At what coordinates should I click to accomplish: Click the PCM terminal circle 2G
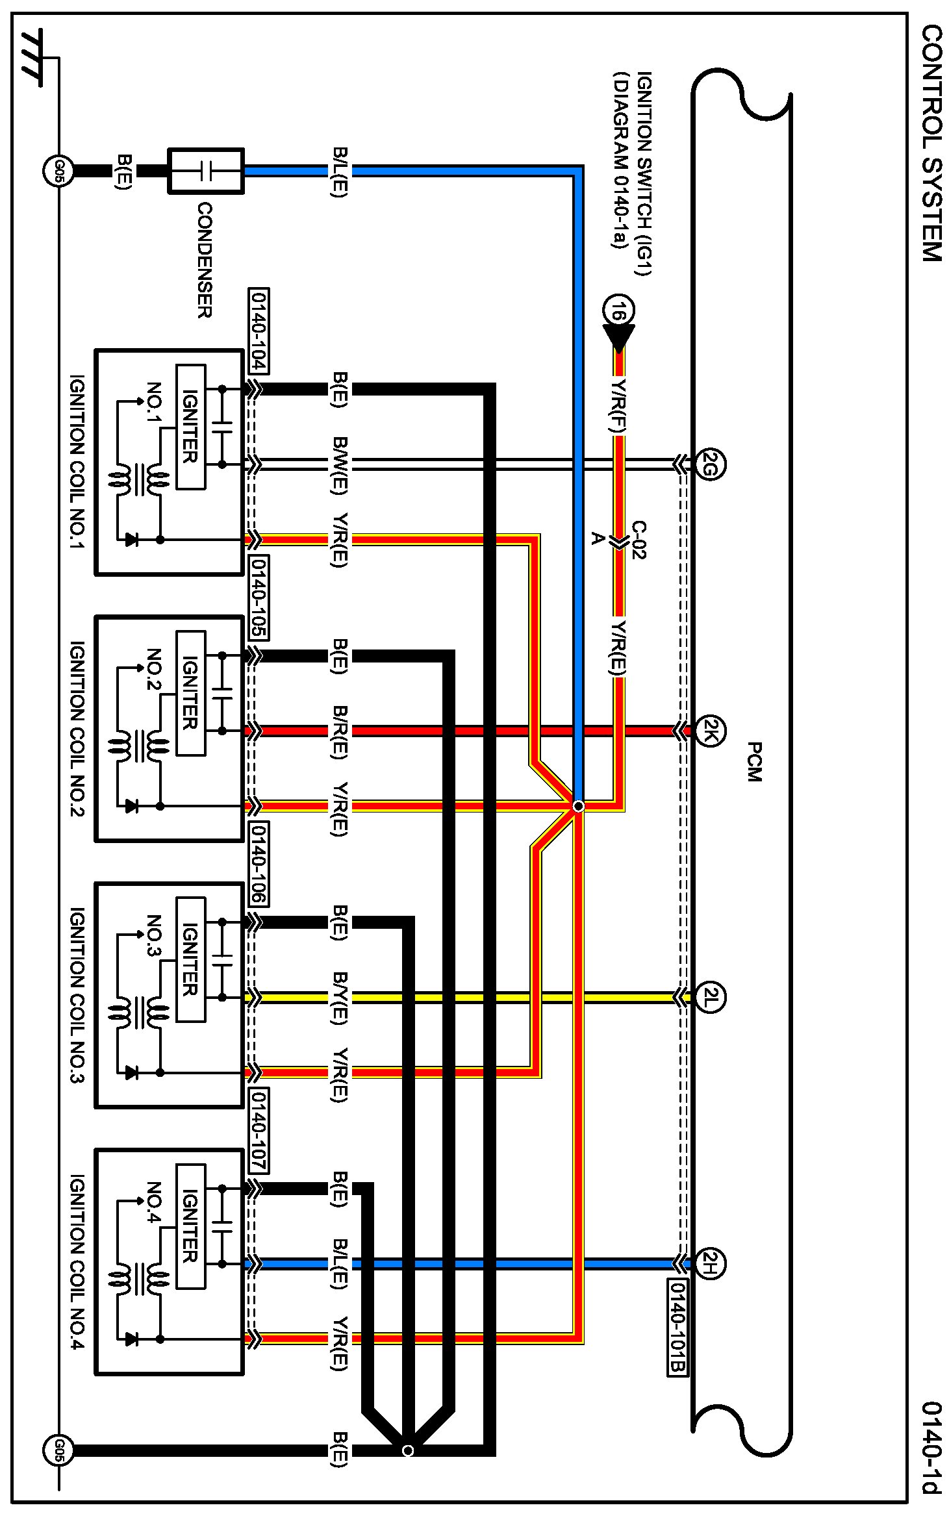click(709, 464)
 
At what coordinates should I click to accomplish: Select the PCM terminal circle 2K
click(709, 731)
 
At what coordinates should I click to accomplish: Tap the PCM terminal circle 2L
click(709, 997)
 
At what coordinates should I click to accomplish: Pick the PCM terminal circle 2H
click(709, 1264)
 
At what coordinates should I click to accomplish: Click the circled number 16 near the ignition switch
click(618, 311)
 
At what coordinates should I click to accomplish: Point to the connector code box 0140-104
click(259, 331)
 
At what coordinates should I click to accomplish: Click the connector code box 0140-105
click(259, 597)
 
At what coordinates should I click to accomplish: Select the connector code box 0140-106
click(259, 864)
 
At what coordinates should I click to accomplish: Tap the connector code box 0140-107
click(259, 1130)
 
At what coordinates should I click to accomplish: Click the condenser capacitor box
click(206, 171)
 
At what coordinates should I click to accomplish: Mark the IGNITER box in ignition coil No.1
click(190, 427)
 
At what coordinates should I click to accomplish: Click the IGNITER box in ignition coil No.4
click(190, 1226)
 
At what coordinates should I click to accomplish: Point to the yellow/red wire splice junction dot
click(578, 806)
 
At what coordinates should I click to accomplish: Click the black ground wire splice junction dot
click(407, 1450)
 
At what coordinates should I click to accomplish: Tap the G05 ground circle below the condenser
click(58, 171)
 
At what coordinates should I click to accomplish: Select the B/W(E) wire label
click(340, 464)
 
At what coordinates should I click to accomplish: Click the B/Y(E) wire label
click(340, 998)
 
